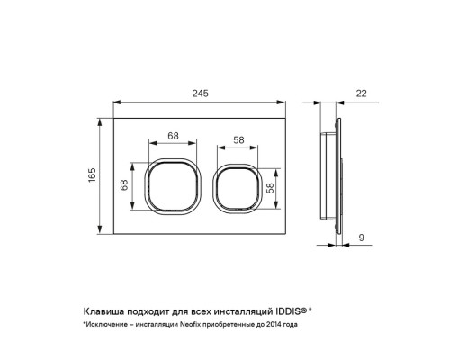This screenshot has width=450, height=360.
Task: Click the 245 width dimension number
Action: coord(200,94)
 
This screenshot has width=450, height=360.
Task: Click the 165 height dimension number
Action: coord(92,175)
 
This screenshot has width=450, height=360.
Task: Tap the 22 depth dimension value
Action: coord(361,94)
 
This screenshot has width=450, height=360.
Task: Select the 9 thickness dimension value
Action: coord(362,238)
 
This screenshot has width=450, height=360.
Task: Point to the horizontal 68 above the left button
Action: coord(173,136)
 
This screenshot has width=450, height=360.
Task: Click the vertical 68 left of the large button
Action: coord(124,184)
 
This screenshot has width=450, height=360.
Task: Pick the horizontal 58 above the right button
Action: coord(238,139)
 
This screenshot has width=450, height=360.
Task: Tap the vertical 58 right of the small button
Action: coord(270,188)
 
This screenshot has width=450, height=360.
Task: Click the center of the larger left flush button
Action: coord(173,186)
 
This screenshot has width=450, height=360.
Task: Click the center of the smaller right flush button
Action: coord(237,189)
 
